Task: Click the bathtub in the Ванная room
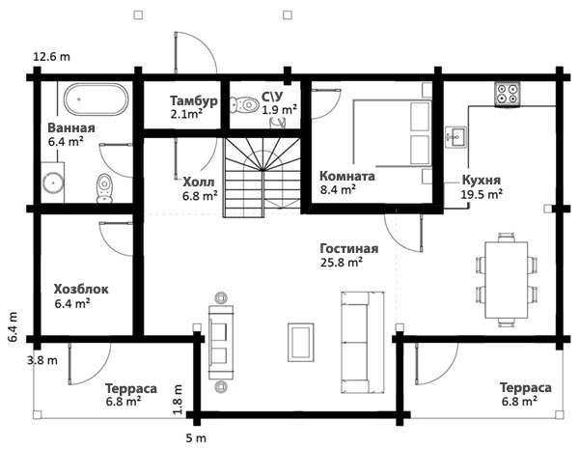pyautogui.click(x=96, y=99)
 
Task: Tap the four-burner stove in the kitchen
pyautogui.click(x=508, y=95)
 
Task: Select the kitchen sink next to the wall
pyautogui.click(x=455, y=137)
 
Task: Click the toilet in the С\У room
pyautogui.click(x=244, y=105)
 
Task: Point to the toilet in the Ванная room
pyautogui.click(x=104, y=188)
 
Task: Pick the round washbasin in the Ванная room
pyautogui.click(x=53, y=182)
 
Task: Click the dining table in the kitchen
pyautogui.click(x=507, y=280)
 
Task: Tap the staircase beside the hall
pyautogui.click(x=262, y=178)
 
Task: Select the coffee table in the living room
pyautogui.click(x=301, y=342)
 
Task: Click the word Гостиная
pyautogui.click(x=349, y=248)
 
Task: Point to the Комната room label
pyautogui.click(x=346, y=176)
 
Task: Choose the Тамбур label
pyautogui.click(x=194, y=100)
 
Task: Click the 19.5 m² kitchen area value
pyautogui.click(x=482, y=194)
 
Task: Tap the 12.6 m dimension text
pyautogui.click(x=52, y=57)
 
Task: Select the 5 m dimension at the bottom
pyautogui.click(x=196, y=438)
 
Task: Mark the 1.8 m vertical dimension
pyautogui.click(x=178, y=399)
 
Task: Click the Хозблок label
pyautogui.click(x=81, y=289)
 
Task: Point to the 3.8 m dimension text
pyautogui.click(x=42, y=360)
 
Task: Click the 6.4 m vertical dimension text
pyautogui.click(x=13, y=327)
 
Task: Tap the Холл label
pyautogui.click(x=198, y=182)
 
